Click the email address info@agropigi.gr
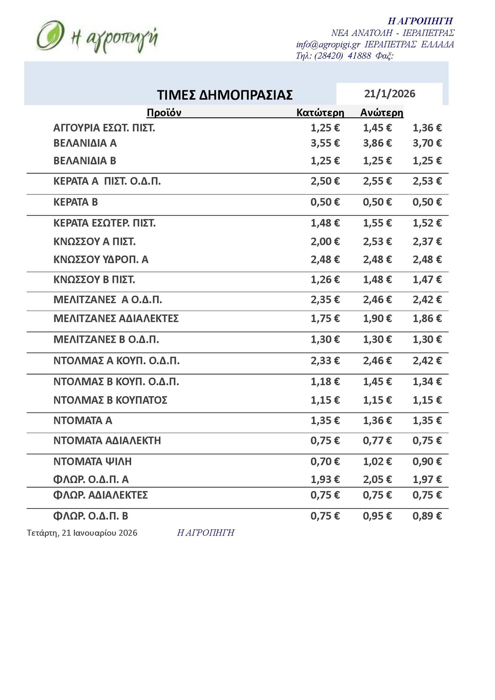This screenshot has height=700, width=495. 328,45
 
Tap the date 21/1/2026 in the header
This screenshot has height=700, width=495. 389,94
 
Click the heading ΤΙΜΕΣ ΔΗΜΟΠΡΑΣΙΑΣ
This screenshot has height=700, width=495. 225,95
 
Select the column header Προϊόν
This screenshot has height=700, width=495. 164,113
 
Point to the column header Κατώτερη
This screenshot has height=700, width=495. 320,113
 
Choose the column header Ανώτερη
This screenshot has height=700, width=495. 382,113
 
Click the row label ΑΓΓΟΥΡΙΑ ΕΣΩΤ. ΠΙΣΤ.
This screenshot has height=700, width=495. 104,128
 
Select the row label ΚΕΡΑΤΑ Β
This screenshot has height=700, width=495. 76,202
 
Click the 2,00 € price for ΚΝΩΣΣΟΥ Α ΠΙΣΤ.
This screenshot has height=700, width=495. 325,241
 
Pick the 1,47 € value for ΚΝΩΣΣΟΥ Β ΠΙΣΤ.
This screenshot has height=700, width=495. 427,280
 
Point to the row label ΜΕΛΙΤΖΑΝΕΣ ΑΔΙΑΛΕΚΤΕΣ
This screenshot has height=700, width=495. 116,318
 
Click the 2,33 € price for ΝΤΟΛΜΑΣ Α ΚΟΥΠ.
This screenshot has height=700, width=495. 325,361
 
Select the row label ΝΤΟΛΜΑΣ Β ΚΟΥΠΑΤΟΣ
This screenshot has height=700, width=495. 111,400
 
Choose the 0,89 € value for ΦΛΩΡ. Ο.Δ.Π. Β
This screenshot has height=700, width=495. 427,516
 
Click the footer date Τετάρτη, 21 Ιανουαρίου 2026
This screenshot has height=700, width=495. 82,533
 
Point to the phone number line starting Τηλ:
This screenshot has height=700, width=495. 344,56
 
